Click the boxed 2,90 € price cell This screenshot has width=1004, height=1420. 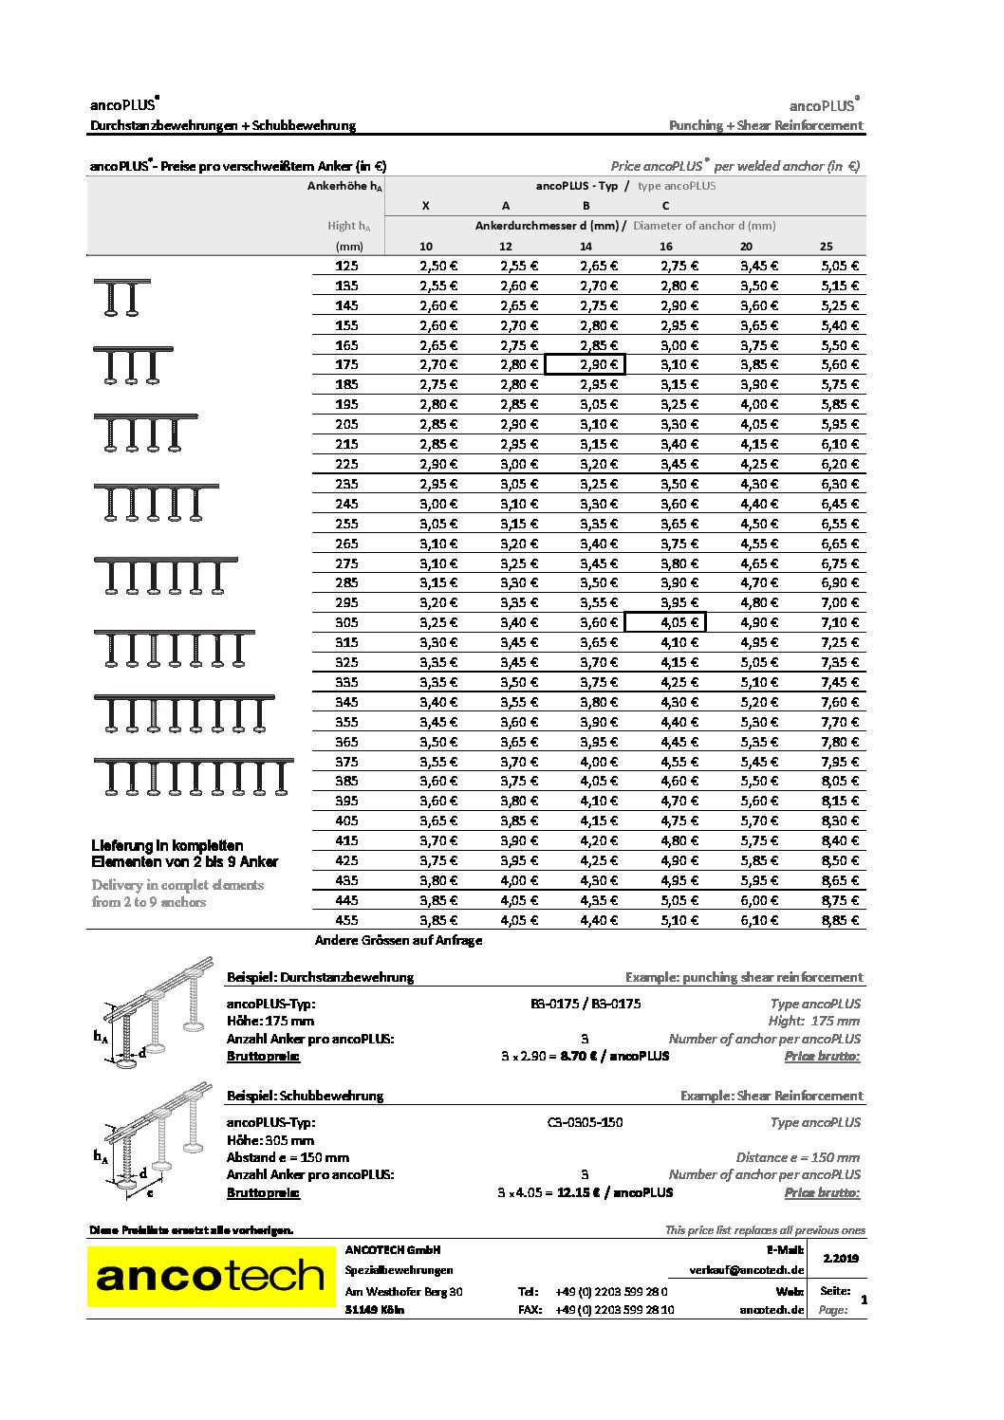coord(585,364)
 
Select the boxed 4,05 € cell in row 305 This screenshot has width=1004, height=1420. coord(665,622)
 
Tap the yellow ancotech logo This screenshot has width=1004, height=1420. coord(211,1276)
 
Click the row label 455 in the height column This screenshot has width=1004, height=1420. coord(346,920)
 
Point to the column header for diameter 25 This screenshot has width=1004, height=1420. coord(827,247)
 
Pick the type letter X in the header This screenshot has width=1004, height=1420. coord(425,206)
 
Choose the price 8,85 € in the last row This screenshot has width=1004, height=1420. coord(840,920)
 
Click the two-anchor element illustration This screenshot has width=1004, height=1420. coord(121,298)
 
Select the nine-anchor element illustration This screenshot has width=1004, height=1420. coord(194,777)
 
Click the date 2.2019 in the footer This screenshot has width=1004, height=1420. coord(841,1258)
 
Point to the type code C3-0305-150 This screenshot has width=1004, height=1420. coord(585,1122)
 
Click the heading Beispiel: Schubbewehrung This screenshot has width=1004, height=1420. coord(305,1096)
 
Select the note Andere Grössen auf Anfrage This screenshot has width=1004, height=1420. coord(399,940)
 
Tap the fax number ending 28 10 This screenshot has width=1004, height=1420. coord(614,1310)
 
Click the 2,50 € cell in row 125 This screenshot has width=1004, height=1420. coord(438,267)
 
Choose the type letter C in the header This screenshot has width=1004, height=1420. coord(665,206)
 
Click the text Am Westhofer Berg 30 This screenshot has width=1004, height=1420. coord(404,1291)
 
